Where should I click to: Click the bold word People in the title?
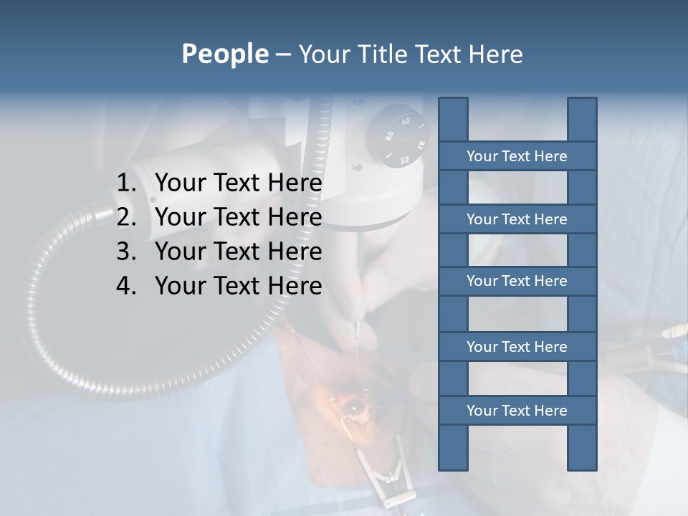tap(224, 54)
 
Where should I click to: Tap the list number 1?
tap(126, 183)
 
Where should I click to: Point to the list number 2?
tap(126, 217)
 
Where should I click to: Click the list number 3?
tap(126, 252)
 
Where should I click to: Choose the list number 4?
tap(126, 286)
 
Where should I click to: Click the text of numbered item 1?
tap(238, 183)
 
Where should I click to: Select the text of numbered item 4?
tap(238, 286)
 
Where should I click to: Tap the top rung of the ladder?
tap(517, 156)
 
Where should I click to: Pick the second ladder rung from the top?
tap(517, 219)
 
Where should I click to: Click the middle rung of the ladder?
tap(517, 281)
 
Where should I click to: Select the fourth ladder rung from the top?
tap(517, 347)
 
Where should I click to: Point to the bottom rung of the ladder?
tap(517, 411)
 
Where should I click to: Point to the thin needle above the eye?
tap(358, 337)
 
